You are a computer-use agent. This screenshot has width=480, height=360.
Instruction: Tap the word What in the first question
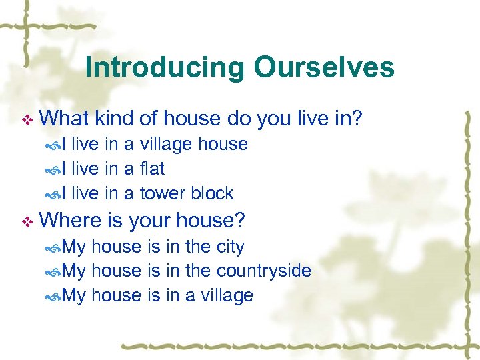tap(65, 119)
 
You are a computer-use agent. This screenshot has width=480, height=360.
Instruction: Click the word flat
tap(152, 169)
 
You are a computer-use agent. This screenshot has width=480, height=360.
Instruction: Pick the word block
tap(212, 193)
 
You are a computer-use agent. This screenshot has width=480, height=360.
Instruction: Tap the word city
tap(228, 247)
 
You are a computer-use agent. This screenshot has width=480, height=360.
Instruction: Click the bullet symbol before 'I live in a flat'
tap(53, 170)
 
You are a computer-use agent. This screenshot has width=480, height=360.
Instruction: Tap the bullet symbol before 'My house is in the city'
tap(53, 248)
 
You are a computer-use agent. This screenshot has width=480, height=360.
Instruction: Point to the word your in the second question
tap(151, 220)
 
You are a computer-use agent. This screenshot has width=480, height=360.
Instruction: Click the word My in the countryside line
tap(74, 271)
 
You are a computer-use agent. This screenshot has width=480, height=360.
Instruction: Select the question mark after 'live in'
tap(357, 119)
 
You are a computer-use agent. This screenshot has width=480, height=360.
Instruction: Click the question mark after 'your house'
tap(239, 219)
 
